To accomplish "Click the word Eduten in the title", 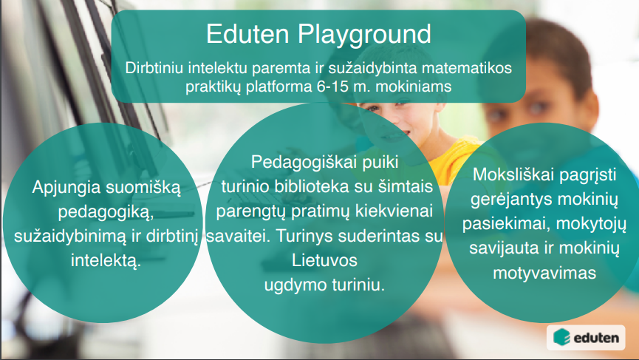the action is point(247,33).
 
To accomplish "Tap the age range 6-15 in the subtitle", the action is point(332,86).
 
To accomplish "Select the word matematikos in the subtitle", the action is point(467,68).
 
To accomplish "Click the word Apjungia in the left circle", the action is point(66,188).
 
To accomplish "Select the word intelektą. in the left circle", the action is point(106,261).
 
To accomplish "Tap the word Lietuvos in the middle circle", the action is point(324,260).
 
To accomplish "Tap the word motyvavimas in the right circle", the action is point(544,274).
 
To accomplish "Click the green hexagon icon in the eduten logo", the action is point(561,337).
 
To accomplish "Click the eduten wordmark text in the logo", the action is point(596,338).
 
